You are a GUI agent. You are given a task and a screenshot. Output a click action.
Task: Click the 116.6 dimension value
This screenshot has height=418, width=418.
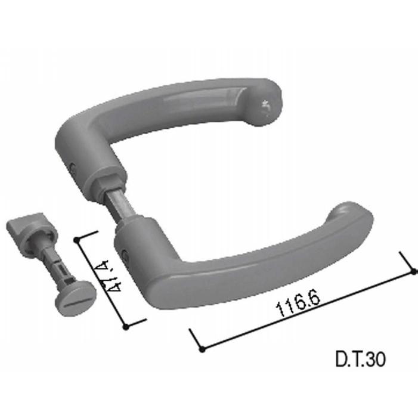click(298, 302)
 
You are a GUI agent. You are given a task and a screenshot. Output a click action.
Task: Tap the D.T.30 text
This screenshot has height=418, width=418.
click(360, 360)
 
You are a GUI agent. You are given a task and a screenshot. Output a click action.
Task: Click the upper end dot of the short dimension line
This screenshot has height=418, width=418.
click(77, 240)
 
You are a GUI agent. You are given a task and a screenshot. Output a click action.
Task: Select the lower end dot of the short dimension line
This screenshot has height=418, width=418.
click(126, 327)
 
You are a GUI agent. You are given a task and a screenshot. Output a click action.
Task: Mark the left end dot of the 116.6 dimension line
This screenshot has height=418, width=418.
click(202, 349)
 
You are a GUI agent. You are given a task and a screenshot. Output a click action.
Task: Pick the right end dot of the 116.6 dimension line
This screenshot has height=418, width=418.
click(414, 272)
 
